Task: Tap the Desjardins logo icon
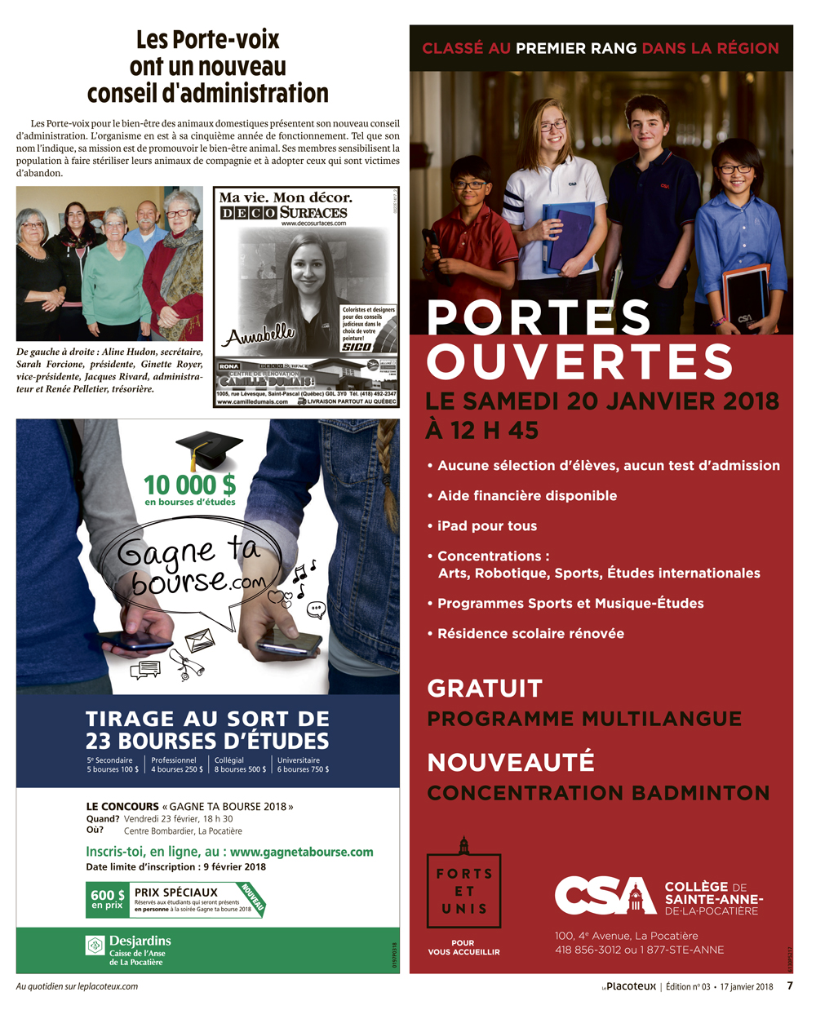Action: (x=95, y=945)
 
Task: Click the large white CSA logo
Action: (x=605, y=896)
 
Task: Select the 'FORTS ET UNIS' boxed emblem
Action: (x=463, y=890)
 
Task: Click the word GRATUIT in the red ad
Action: (x=485, y=689)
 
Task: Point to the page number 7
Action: (x=789, y=986)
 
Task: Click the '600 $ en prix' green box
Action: (x=108, y=899)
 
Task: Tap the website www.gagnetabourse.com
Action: (x=301, y=852)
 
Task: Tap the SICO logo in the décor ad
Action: (x=356, y=347)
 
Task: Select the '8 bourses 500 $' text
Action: (x=240, y=769)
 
